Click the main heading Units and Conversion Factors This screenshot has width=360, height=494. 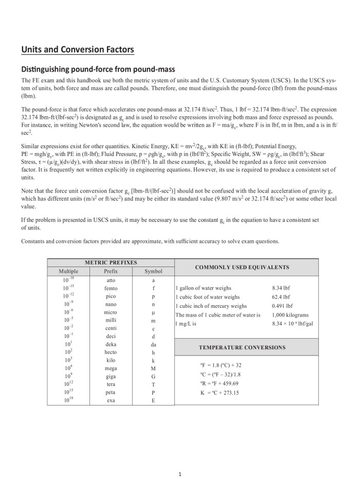tap(78, 49)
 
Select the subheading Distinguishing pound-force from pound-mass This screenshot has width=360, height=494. tap(98, 69)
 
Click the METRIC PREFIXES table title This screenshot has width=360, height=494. tap(111, 262)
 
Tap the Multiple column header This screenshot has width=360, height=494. tap(68, 271)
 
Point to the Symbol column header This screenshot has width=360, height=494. tap(153, 271)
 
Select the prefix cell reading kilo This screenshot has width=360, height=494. tap(111, 360)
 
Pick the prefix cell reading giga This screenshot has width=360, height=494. tap(111, 376)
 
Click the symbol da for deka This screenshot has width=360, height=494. tap(153, 344)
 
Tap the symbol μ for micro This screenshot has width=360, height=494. tap(153, 312)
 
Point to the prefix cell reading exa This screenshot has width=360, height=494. tap(111, 400)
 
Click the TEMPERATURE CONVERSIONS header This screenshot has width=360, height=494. tap(242, 347)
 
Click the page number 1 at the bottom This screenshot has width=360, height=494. tap(179, 474)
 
